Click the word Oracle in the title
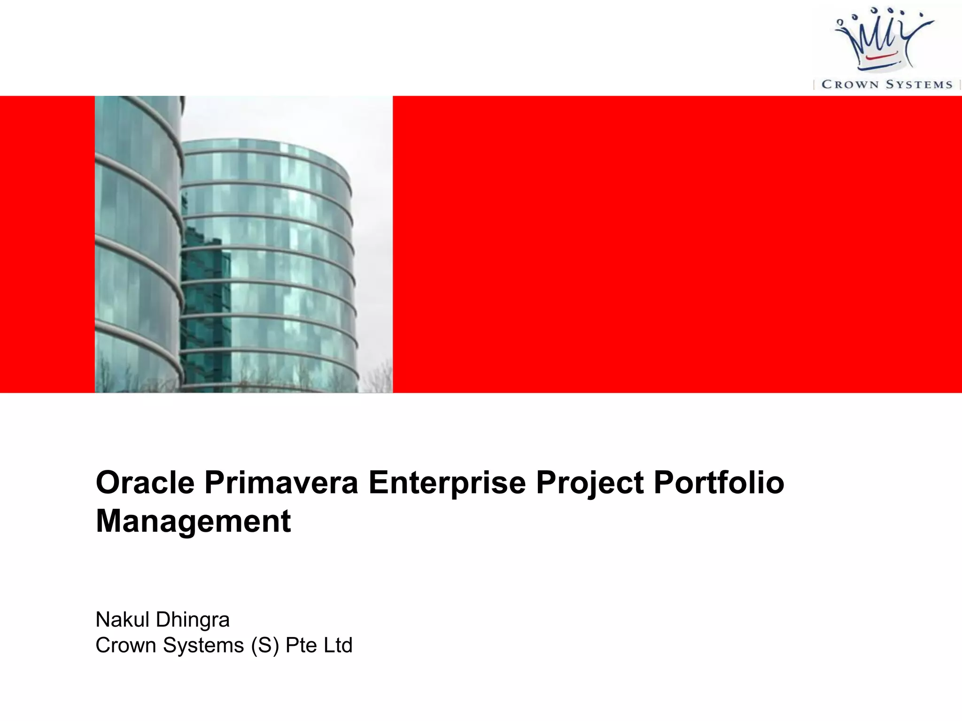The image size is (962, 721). (x=145, y=483)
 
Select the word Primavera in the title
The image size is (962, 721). (x=281, y=483)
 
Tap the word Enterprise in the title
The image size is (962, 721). (x=447, y=483)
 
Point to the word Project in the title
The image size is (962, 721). (x=590, y=483)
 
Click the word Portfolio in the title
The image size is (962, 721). (x=719, y=483)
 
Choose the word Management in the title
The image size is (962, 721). (x=193, y=522)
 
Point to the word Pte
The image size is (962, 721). (x=301, y=645)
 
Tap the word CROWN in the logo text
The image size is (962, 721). (x=850, y=84)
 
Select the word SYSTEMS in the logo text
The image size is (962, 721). (x=919, y=84)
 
